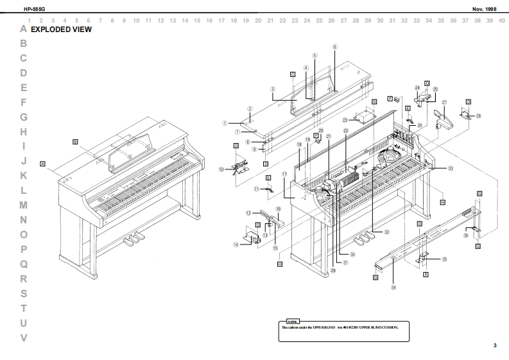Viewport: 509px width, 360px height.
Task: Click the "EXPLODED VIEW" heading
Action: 61,30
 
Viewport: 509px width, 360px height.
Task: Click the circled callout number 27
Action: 444,103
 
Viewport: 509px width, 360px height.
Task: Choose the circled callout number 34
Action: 393,287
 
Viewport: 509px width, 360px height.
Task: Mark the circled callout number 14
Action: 236,244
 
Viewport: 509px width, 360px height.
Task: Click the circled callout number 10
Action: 221,170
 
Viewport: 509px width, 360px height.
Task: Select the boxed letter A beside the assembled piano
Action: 42,164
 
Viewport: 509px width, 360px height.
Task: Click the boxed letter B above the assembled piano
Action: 75,141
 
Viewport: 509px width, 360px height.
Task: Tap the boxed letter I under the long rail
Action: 426,275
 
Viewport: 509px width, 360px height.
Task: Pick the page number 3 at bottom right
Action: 495,346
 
